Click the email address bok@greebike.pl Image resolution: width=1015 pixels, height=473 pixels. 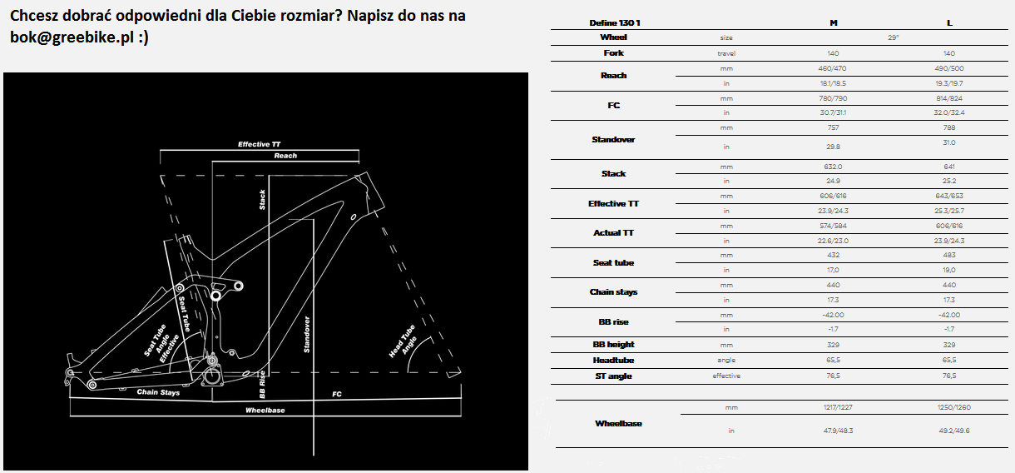pyautogui.click(x=72, y=37)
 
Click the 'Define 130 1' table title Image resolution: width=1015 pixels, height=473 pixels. pyautogui.click(x=615, y=23)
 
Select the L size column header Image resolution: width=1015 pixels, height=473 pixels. pyautogui.click(x=949, y=23)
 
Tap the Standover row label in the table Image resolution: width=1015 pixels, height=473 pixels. pyautogui.click(x=613, y=140)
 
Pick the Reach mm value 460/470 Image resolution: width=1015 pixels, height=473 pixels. pyautogui.click(x=833, y=68)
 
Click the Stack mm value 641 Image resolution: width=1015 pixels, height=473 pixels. pyautogui.click(x=949, y=167)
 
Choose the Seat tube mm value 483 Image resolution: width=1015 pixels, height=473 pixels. pyautogui.click(x=949, y=255)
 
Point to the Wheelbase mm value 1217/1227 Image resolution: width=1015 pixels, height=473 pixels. pyautogui.click(x=838, y=407)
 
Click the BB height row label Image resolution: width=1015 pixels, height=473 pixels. pyautogui.click(x=613, y=345)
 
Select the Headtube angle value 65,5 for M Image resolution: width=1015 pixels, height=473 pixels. pyautogui.click(x=833, y=360)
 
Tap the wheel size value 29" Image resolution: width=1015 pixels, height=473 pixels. pyautogui.click(x=893, y=37)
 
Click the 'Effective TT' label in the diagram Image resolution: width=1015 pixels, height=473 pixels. pyautogui.click(x=260, y=144)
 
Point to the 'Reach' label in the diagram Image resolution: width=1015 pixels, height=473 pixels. pyautogui.click(x=285, y=156)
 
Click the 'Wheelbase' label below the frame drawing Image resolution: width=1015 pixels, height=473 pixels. pyautogui.click(x=265, y=411)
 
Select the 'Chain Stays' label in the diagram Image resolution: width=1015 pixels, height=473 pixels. pyautogui.click(x=158, y=392)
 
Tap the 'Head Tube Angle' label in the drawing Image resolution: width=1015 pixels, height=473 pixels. pyautogui.click(x=404, y=342)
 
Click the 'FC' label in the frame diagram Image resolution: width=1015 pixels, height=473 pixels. pyautogui.click(x=337, y=394)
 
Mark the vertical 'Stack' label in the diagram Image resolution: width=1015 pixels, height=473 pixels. pyautogui.click(x=262, y=200)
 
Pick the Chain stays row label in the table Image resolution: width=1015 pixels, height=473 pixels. pyautogui.click(x=613, y=292)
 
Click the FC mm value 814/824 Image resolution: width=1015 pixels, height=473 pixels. pyautogui.click(x=949, y=98)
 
